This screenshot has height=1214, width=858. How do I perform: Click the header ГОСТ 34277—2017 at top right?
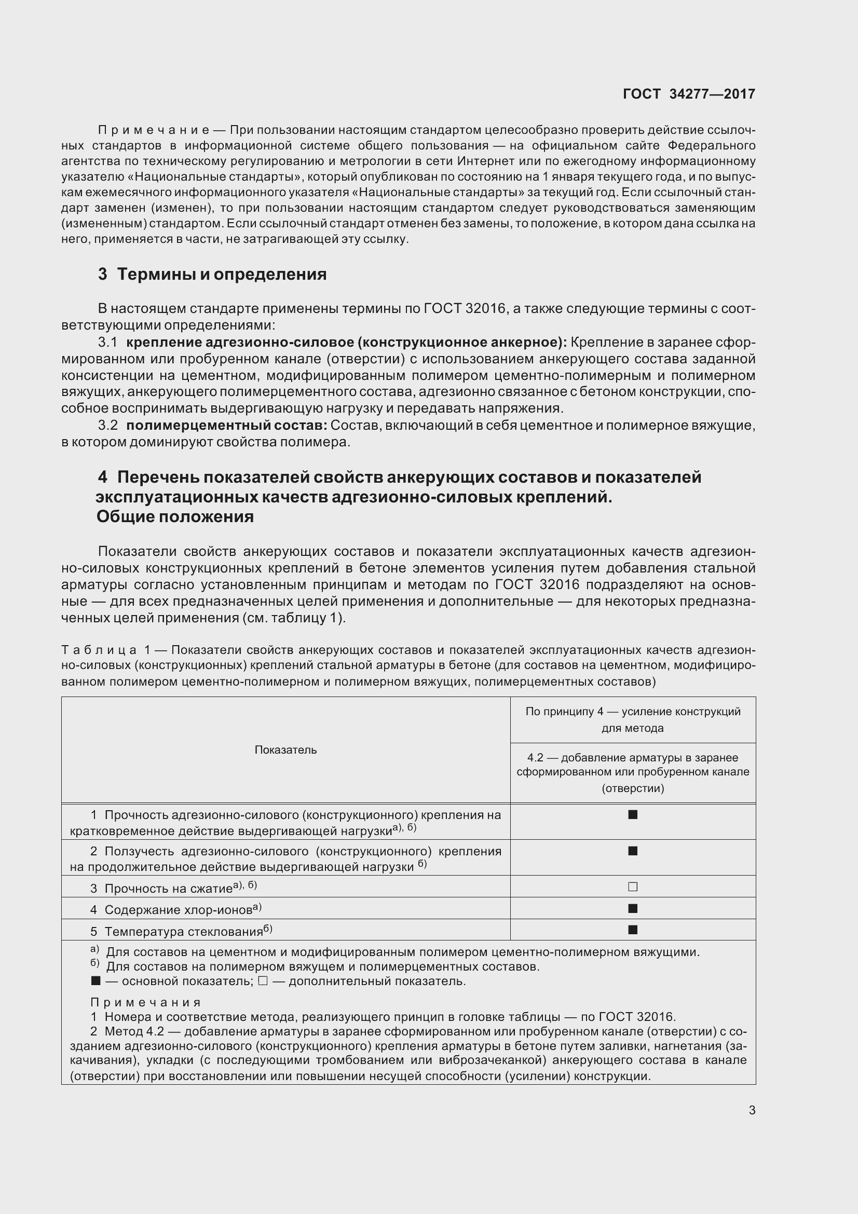point(689,94)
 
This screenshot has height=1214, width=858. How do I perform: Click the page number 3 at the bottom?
point(752,1110)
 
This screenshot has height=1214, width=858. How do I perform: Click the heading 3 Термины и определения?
point(212,275)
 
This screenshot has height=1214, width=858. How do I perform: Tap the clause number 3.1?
point(108,343)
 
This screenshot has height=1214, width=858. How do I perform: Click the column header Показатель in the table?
point(285,750)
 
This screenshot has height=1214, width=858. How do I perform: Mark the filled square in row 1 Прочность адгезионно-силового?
point(632,815)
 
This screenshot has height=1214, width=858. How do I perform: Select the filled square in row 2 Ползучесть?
point(632,851)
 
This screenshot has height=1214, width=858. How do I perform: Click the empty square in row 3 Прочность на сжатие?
point(632,886)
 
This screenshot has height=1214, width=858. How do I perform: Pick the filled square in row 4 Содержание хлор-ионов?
point(632,908)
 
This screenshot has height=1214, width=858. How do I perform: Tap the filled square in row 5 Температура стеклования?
point(632,930)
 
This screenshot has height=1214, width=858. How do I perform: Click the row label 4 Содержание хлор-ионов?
point(175,909)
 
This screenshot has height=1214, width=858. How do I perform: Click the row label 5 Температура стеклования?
point(181,931)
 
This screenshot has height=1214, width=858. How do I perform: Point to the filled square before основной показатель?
point(96,981)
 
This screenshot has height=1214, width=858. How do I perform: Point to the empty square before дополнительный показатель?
point(263,981)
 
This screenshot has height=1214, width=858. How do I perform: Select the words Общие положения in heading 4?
point(175,516)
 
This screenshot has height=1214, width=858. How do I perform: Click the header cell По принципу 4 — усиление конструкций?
point(632,719)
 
